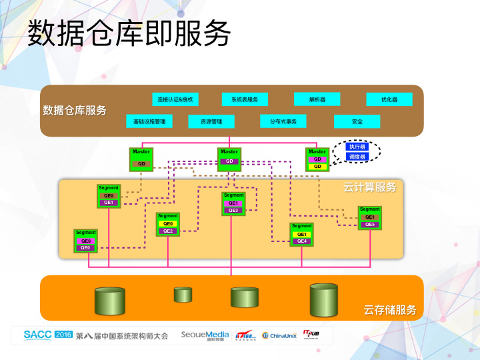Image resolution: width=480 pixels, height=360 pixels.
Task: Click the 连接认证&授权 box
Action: (175, 99)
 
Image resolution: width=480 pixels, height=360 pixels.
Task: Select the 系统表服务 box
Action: (245, 99)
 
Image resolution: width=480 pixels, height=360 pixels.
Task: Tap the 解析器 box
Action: (317, 99)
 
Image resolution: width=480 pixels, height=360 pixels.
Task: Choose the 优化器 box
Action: (389, 99)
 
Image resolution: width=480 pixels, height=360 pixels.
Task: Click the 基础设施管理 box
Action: (149, 121)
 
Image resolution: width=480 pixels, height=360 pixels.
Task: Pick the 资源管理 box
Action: (211, 121)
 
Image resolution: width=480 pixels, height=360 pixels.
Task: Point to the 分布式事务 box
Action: (283, 121)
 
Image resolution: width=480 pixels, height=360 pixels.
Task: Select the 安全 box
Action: (357, 121)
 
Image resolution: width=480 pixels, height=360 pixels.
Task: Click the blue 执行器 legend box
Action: (357, 147)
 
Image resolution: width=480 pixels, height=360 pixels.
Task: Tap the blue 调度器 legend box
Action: (357, 157)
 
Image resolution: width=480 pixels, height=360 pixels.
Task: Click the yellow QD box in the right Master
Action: (317, 166)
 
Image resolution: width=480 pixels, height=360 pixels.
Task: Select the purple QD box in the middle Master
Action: (229, 161)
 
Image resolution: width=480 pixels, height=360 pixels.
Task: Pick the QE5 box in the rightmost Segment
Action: (370, 225)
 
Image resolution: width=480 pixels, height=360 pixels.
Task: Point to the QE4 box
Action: (302, 241)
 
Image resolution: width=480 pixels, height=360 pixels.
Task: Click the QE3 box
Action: (233, 210)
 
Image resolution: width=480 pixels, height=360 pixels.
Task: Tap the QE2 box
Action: (168, 231)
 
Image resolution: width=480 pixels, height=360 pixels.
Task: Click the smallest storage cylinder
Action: (183, 295)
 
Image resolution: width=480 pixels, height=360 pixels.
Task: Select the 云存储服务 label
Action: (390, 310)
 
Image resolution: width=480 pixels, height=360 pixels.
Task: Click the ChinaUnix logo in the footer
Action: (279, 335)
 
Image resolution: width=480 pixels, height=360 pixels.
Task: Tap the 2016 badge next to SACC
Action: (63, 334)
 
